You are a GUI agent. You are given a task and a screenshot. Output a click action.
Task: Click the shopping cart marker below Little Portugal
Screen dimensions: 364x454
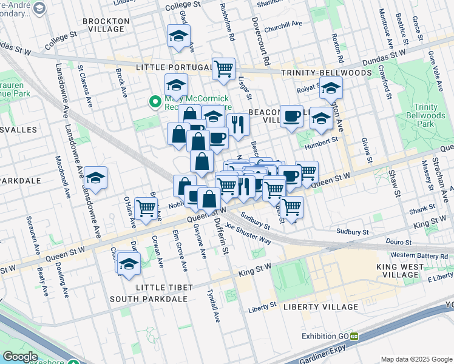point(224,68)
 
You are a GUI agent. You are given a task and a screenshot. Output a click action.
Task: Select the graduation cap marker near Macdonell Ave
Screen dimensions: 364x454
point(95,177)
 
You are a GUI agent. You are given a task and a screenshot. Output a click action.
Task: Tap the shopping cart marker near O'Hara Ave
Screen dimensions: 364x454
point(146,207)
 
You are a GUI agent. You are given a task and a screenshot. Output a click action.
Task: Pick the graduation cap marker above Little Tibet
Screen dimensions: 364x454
point(129,263)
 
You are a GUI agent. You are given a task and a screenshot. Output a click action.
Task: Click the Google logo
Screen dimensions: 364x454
point(21,357)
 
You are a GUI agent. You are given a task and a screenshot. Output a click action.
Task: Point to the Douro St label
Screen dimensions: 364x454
point(399,241)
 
